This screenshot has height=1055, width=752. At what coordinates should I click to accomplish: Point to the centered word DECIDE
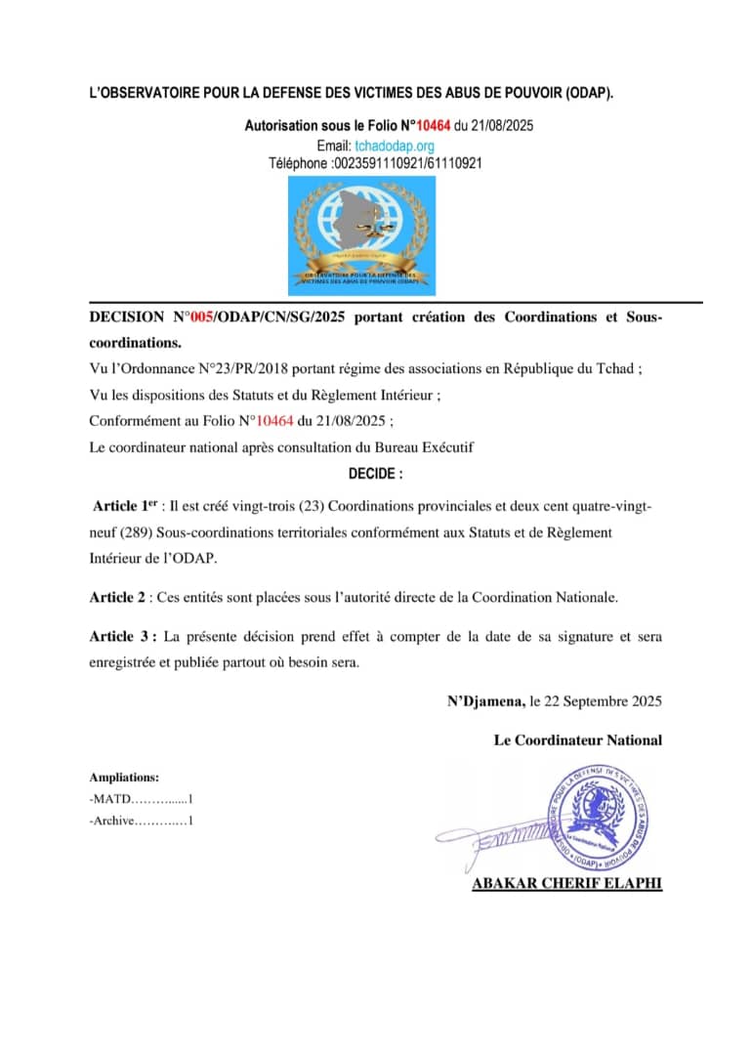[375, 474]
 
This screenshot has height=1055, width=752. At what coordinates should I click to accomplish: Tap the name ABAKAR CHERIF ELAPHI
[566, 883]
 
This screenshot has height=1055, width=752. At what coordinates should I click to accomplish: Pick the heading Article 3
[123, 637]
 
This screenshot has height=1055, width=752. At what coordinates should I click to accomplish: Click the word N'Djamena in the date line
[484, 701]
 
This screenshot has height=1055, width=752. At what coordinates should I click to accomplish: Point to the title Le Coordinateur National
[577, 740]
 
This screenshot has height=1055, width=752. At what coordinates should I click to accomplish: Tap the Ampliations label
[124, 778]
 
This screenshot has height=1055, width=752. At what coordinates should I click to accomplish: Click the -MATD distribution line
[141, 799]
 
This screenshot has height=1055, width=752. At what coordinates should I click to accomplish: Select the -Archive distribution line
[141, 821]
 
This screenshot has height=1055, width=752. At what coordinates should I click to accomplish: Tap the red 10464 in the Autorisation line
[434, 126]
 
